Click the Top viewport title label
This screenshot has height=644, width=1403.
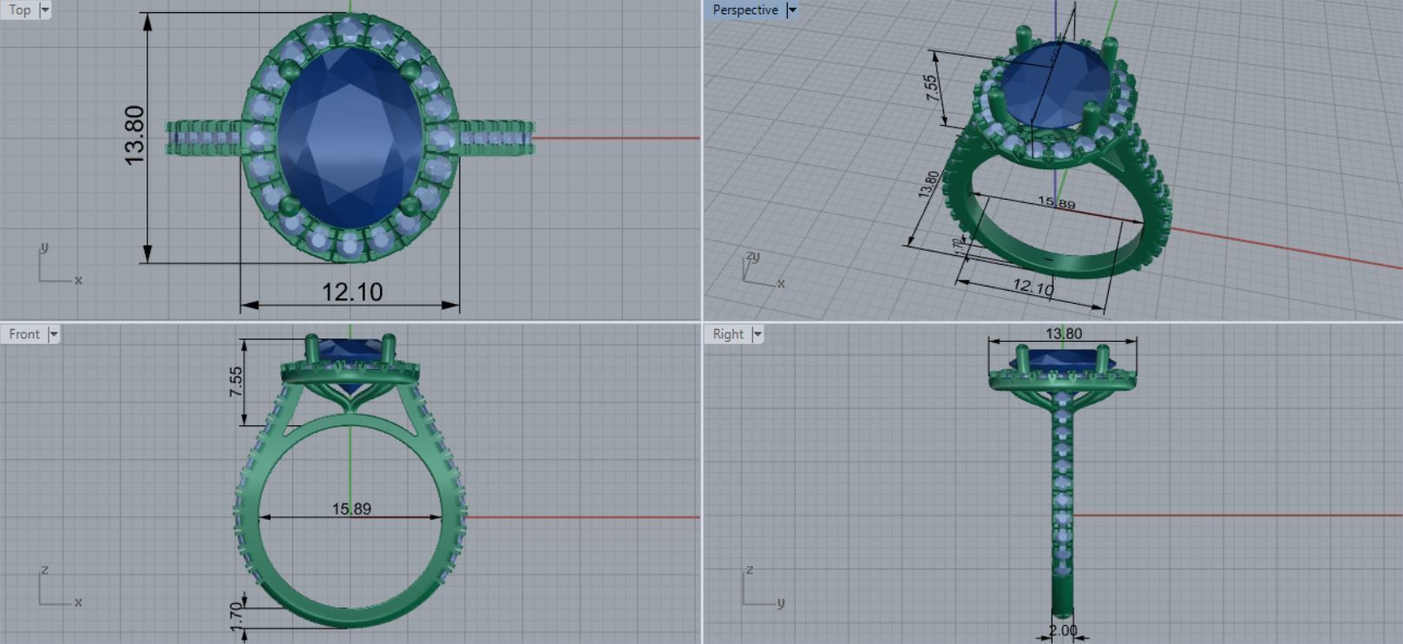pos(19,10)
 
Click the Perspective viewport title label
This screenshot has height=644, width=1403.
pos(744,10)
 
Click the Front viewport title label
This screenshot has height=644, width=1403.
pos(24,334)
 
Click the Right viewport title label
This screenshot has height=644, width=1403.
pos(728,334)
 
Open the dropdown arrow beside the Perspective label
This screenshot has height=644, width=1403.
pos(791,10)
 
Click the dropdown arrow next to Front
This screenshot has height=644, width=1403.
pos(53,334)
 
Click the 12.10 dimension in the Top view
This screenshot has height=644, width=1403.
pos(352,292)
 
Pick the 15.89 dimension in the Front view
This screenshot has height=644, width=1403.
pos(351,509)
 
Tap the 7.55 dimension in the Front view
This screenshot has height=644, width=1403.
pos(236,382)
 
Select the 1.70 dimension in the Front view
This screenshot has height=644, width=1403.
pos(236,615)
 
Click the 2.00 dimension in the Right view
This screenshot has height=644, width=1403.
pos(1062,631)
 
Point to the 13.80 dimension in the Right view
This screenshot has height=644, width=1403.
pos(1063,333)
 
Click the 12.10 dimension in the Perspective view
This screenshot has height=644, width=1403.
pos(1033,286)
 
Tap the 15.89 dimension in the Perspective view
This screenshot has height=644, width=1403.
pos(1056,203)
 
